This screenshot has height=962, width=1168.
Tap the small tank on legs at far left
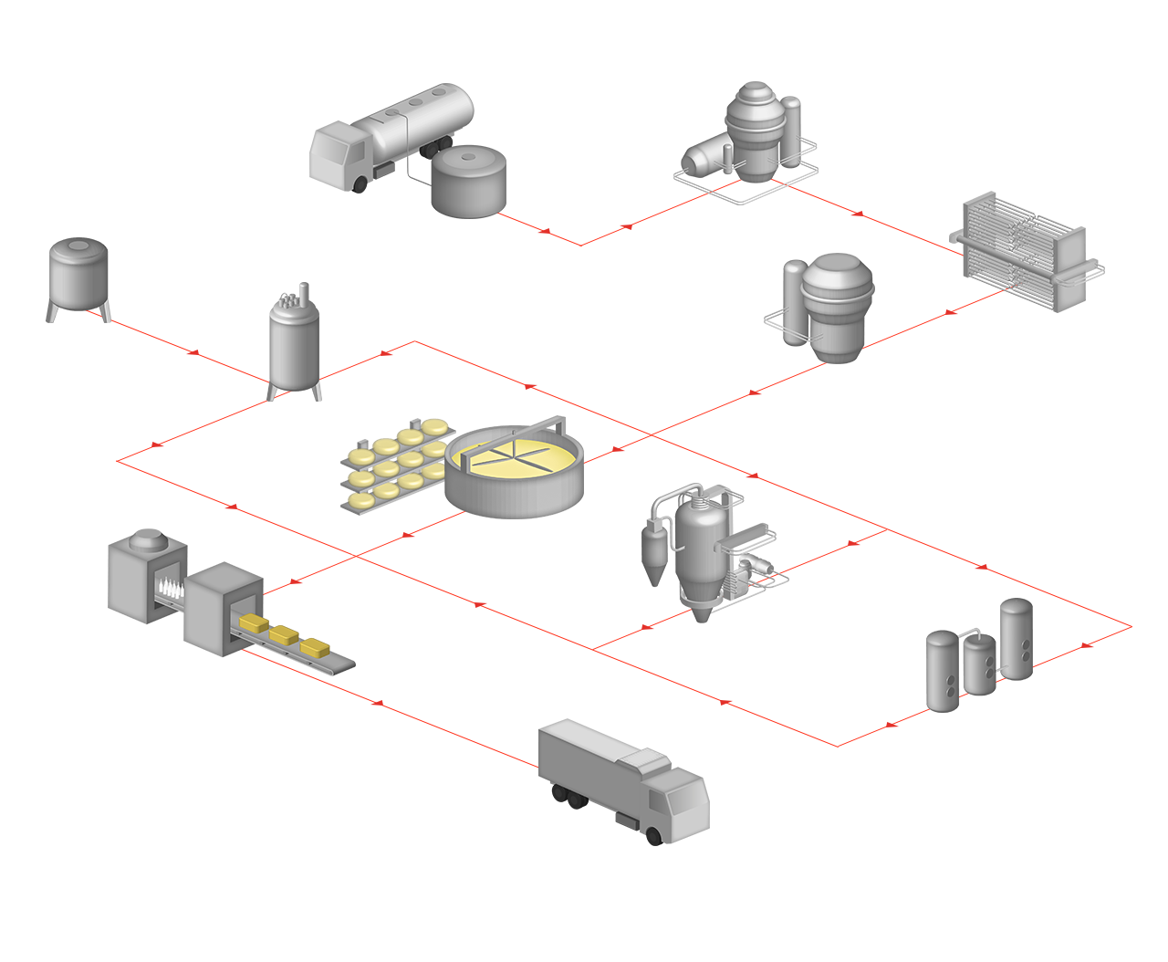(79, 273)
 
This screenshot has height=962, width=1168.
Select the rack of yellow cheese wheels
(392, 464)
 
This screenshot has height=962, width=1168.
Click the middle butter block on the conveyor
(286, 635)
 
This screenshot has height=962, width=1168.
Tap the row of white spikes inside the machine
(169, 587)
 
